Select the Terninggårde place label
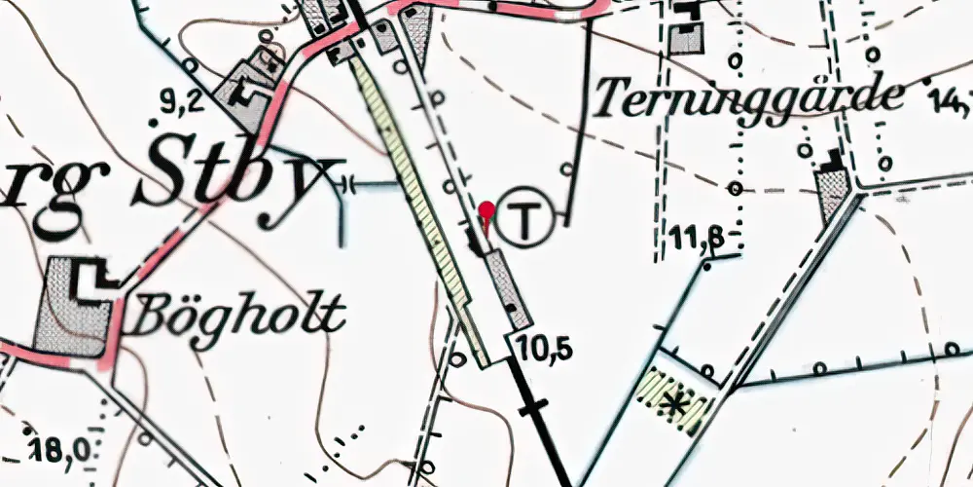point(747,97)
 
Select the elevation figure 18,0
point(56,449)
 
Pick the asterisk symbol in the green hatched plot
point(670,400)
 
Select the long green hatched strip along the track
point(422,209)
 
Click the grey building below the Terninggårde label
point(833,192)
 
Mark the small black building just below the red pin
point(477,240)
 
